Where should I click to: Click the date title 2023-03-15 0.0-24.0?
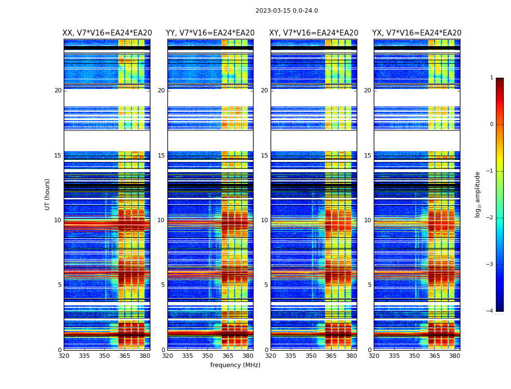coord(287,11)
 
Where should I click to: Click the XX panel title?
coord(107,33)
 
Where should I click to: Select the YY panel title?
coord(210,33)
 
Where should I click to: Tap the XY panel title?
coord(314,33)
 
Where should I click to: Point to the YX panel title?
coord(417,33)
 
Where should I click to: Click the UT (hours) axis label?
coord(48,194)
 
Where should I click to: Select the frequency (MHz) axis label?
coord(235,365)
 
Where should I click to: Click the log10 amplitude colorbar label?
coord(478,194)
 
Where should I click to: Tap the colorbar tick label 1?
coord(492,78)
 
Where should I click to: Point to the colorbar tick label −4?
coord(490,311)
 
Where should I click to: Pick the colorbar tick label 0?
coord(492,124)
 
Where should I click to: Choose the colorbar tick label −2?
coord(490,218)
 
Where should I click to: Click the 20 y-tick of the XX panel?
coord(58,90)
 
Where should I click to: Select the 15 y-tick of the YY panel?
coord(161,156)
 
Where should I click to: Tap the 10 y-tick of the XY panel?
coord(264,220)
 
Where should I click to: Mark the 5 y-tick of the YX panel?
coord(370,285)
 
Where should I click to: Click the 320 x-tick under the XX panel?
coord(64,356)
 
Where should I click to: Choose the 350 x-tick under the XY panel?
coord(311,356)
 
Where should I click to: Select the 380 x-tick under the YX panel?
coord(455,356)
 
